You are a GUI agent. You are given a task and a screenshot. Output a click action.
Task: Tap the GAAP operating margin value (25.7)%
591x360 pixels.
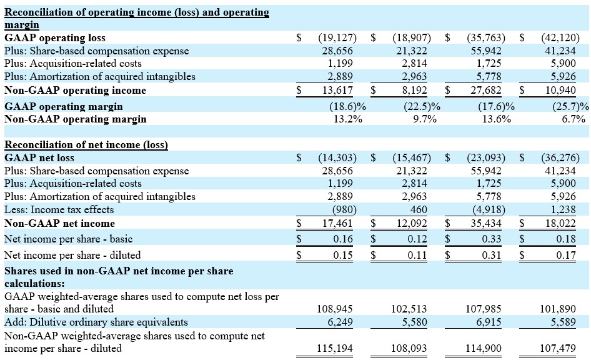[565, 106]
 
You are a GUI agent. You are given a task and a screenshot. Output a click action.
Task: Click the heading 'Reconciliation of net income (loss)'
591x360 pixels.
[86, 144]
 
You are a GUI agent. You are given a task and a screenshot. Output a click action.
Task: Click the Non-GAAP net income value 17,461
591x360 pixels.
[337, 223]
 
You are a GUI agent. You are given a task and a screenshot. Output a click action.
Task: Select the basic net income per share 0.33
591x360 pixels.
[494, 239]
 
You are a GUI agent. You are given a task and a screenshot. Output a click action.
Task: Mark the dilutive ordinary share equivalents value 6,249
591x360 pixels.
[341, 322]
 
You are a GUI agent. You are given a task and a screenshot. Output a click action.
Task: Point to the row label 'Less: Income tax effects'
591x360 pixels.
[59, 209]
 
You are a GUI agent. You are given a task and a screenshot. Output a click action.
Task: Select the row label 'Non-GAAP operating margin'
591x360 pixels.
[76, 119]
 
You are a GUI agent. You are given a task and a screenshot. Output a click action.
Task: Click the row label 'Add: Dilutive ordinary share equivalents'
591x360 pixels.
[96, 322]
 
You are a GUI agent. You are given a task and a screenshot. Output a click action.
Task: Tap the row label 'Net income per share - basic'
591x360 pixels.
[68, 239]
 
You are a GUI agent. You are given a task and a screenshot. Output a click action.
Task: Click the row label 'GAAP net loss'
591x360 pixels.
[39, 157]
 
